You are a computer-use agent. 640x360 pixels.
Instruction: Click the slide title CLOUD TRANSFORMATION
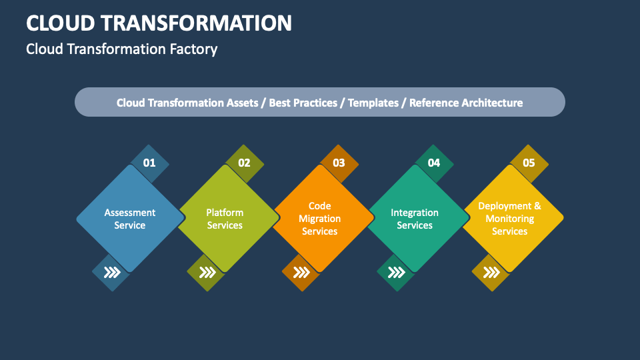(159, 23)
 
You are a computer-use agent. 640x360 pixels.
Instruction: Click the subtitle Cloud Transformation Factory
(121, 49)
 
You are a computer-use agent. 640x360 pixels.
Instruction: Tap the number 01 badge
(149, 163)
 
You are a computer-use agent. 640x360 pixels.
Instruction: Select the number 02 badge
(244, 163)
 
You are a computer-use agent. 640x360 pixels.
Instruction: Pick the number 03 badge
(339, 163)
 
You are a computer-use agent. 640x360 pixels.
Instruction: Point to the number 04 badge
(434, 163)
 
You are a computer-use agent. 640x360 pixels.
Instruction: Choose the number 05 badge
(529, 163)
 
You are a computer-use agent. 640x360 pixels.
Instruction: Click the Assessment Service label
(130, 219)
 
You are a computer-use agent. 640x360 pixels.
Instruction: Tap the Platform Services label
(225, 219)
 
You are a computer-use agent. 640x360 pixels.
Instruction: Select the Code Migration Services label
(320, 219)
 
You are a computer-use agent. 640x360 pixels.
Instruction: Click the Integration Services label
(415, 219)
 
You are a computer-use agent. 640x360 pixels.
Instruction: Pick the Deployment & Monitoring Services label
(510, 219)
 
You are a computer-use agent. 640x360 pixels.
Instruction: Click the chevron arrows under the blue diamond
(111, 272)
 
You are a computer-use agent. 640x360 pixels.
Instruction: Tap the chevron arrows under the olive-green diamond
(207, 272)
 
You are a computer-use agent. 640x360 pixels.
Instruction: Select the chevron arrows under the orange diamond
(301, 272)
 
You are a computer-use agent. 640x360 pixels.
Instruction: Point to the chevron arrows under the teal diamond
(396, 272)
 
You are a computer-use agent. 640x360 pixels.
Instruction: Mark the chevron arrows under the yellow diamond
(491, 272)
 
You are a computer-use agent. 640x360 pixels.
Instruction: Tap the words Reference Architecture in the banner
(466, 103)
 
